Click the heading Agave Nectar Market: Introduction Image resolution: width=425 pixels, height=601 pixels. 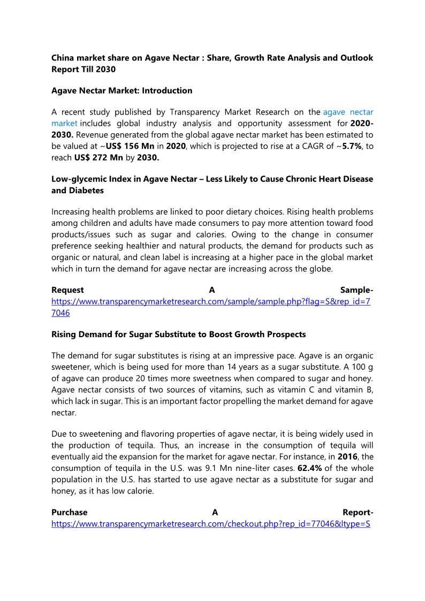tap(122, 90)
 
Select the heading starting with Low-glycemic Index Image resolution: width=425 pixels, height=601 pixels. tap(212, 179)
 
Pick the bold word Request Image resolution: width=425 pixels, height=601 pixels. tap(67, 290)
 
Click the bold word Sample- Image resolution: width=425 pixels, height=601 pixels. tap(356, 290)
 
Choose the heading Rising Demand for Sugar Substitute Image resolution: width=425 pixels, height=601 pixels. tap(178, 334)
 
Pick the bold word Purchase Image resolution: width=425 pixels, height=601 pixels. tap(69, 512)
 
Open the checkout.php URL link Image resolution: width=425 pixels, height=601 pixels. tap(210, 523)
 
